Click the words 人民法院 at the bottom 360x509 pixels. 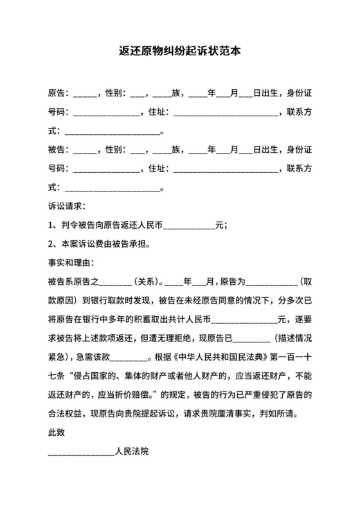click(x=132, y=452)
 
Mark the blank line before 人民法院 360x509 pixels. click(x=81, y=454)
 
